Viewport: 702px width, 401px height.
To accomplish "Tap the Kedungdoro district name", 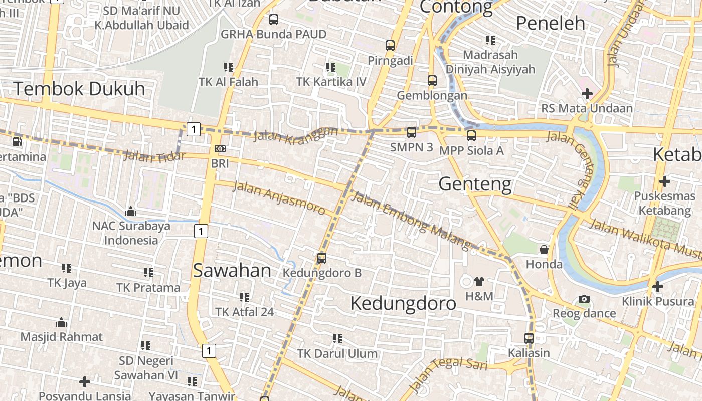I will click(x=403, y=303).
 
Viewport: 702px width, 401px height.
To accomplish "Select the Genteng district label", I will click(x=475, y=184).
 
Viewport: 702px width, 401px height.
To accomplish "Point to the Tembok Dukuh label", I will click(x=79, y=89).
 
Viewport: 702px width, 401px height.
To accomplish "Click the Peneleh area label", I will click(x=550, y=23).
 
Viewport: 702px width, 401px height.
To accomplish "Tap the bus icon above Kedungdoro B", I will click(x=322, y=258).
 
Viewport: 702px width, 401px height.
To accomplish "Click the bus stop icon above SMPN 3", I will click(x=411, y=132).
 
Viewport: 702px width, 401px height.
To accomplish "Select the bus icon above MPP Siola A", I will click(x=471, y=135).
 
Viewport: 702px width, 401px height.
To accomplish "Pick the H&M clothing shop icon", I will click(x=479, y=282).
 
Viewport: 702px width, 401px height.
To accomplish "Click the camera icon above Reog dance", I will click(x=584, y=299).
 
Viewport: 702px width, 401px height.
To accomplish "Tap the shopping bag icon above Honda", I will click(x=544, y=249).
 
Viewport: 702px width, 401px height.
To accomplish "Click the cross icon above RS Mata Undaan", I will click(x=587, y=94).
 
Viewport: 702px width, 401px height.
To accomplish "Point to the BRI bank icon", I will click(x=220, y=149).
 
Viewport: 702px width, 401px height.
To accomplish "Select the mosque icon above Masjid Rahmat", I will click(x=61, y=322).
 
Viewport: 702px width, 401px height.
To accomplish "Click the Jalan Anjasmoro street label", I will click(x=279, y=197).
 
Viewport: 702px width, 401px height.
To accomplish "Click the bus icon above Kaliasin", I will click(x=529, y=338).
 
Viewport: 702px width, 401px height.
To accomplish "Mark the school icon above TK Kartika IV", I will click(x=330, y=67).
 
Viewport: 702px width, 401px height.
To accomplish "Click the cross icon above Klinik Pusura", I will click(x=657, y=287).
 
